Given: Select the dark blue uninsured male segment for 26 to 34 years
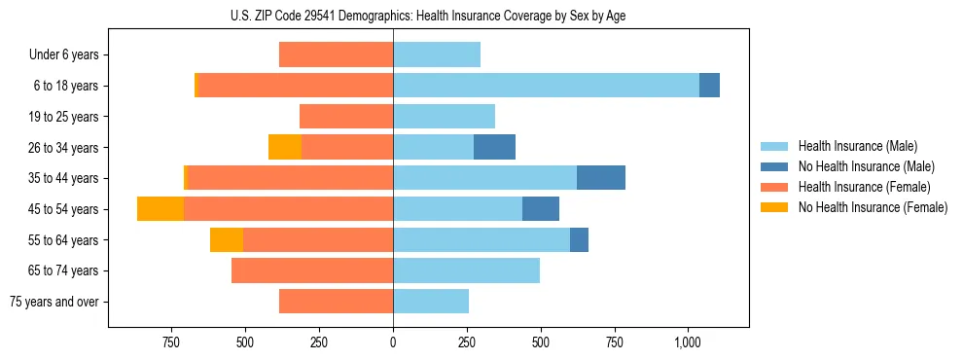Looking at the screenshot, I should [494, 147].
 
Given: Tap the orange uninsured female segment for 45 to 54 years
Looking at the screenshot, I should [160, 208].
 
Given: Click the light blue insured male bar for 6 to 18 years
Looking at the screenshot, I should [546, 86].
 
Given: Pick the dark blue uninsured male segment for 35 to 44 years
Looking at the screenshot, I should [600, 178].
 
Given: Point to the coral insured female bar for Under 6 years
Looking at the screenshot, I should [336, 54].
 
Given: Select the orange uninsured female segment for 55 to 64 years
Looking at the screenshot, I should [227, 239].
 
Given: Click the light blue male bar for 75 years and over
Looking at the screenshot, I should [431, 302].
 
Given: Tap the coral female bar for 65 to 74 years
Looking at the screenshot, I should [312, 270].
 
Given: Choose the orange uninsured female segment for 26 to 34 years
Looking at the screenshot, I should [285, 147].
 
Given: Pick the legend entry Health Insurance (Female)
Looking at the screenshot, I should [864, 187].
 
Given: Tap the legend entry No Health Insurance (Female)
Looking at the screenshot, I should [873, 207].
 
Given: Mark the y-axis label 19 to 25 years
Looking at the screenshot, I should [63, 117].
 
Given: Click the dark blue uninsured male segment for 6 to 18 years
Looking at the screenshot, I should [709, 86].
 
